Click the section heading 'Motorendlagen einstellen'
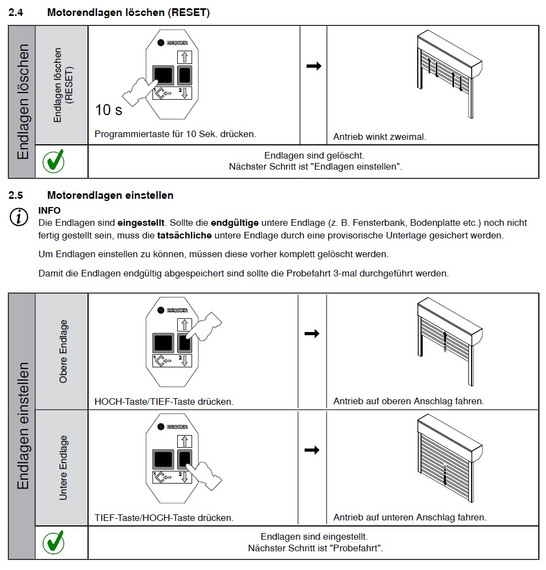[110, 195]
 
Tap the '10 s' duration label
[109, 110]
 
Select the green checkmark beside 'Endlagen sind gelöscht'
[53, 161]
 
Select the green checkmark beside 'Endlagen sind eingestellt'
[53, 542]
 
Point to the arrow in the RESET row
[313, 66]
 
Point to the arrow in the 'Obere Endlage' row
[312, 334]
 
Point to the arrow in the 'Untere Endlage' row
[312, 450]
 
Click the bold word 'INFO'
[50, 210]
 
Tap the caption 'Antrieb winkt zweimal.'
[380, 137]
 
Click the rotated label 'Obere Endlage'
[63, 351]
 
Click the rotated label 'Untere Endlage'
[63, 468]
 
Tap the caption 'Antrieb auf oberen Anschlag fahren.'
[409, 401]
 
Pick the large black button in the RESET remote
[163, 75]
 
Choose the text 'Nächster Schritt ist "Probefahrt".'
[315, 548]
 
